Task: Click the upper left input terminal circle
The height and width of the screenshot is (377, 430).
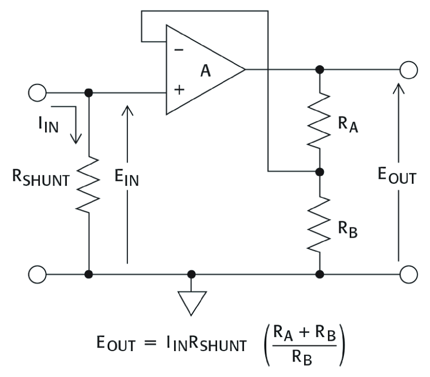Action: (x=37, y=93)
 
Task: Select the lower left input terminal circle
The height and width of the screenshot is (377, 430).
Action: (x=37, y=273)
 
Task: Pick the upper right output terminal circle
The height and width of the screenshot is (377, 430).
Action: (x=409, y=69)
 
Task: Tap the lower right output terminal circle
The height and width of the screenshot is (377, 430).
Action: (x=409, y=273)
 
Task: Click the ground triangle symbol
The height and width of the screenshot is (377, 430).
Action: (x=192, y=301)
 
